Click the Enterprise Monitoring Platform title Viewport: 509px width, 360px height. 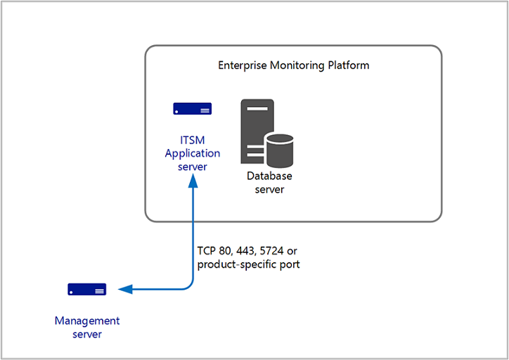[x=293, y=65]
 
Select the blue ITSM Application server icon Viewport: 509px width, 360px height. [x=193, y=109]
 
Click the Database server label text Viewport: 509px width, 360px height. [x=269, y=182]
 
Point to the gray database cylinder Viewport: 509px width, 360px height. [x=280, y=148]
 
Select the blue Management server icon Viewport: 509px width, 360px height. [x=87, y=289]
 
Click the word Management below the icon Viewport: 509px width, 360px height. [x=87, y=321]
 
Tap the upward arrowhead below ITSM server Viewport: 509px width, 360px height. [x=193, y=183]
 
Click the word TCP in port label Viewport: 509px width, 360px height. [x=207, y=251]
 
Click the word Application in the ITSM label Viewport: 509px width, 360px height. [x=193, y=153]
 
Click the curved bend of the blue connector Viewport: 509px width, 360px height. [x=188, y=284]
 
